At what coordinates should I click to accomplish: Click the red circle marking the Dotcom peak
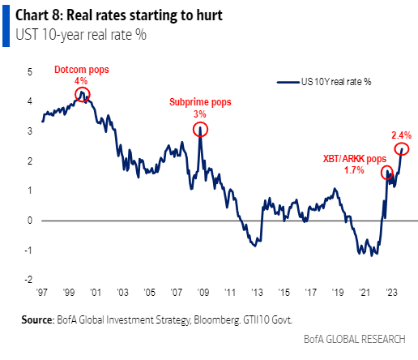tap(82, 96)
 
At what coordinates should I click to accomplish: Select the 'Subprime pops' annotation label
tap(200, 102)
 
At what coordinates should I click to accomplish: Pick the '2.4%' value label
tap(401, 135)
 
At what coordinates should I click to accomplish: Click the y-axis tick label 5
tap(29, 72)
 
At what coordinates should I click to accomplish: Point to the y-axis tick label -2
tap(28, 279)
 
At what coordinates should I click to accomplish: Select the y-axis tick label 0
tap(29, 220)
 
